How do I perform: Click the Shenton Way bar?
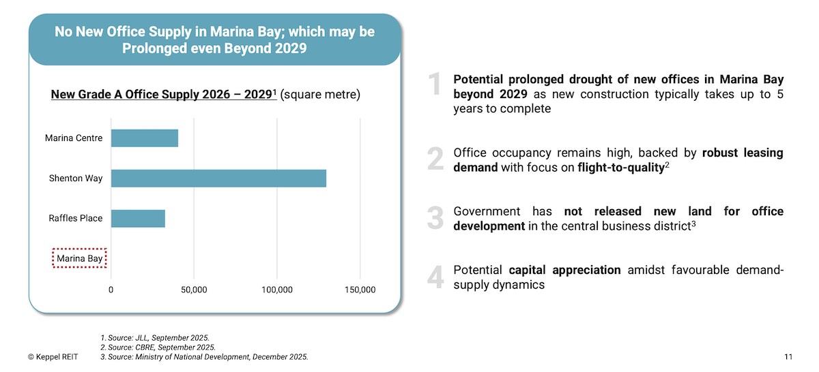[x=218, y=179]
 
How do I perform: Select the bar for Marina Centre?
[x=145, y=138]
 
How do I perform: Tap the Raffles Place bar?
[x=138, y=219]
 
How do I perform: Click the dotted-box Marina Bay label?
[x=80, y=259]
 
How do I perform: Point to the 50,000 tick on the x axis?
[x=194, y=290]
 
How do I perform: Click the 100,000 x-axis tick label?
[x=277, y=290]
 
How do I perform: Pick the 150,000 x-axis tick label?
[x=360, y=290]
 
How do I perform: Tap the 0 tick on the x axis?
[x=111, y=290]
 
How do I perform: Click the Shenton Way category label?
[x=76, y=179]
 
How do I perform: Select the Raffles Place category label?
[x=76, y=219]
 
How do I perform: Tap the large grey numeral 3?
[x=435, y=218]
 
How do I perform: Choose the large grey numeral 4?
[x=435, y=277]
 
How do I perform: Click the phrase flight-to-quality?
[x=620, y=168]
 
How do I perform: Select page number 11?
[x=788, y=357]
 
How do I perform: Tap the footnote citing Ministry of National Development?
[x=204, y=357]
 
